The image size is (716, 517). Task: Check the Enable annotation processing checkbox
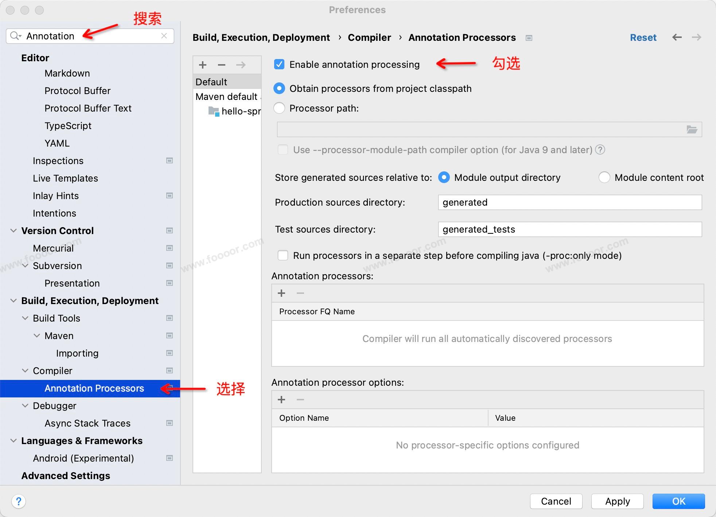point(279,65)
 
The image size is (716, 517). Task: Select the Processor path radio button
point(279,108)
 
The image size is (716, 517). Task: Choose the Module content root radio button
point(604,178)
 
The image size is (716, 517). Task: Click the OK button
point(678,501)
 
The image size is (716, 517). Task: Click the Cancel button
point(556,501)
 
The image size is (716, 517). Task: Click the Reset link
point(643,38)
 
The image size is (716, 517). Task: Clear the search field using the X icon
point(164,36)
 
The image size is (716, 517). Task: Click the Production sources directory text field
point(570,202)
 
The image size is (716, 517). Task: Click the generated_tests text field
point(570,229)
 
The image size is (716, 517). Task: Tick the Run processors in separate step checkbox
point(283,255)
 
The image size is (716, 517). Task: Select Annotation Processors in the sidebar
point(94,388)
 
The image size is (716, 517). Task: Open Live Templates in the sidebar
point(65,178)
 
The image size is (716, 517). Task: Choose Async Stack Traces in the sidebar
point(87,423)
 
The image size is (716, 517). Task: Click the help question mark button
point(19,501)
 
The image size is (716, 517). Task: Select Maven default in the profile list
point(227,97)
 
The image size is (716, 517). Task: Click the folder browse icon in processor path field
point(692,129)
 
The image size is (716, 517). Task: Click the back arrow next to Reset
point(677,37)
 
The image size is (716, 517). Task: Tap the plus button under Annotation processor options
point(281,400)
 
